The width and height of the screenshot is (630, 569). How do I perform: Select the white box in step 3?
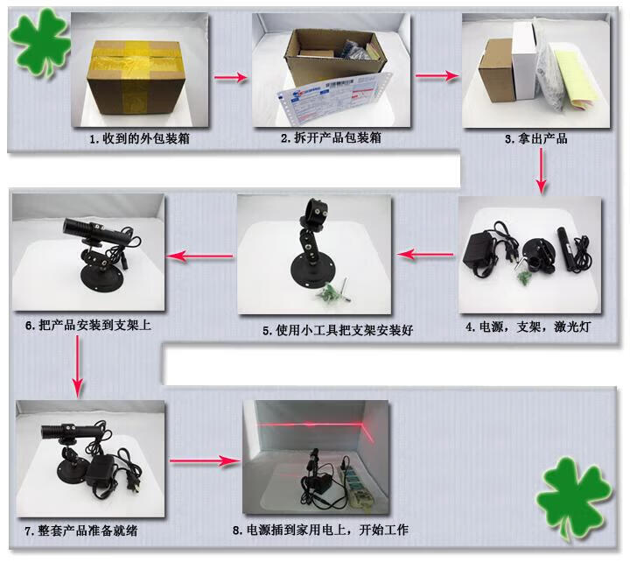click(525, 60)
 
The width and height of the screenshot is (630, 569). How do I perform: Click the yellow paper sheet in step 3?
click(572, 79)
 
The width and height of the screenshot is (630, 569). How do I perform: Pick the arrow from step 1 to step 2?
click(230, 77)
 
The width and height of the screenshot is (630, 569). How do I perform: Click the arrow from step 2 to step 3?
click(437, 75)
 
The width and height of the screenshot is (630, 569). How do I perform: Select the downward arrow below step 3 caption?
click(542, 171)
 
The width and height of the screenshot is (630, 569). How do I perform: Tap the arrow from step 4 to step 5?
click(425, 254)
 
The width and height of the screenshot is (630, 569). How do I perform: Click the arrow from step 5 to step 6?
click(199, 256)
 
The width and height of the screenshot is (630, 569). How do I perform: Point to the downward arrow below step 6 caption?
click(78, 367)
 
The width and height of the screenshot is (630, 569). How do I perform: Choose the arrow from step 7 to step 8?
click(205, 460)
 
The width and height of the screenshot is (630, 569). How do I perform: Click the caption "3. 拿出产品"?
click(536, 139)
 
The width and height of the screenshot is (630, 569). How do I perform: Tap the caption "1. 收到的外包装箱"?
click(139, 139)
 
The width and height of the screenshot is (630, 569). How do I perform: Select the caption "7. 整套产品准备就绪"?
click(81, 530)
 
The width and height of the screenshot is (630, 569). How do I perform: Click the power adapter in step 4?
click(480, 255)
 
